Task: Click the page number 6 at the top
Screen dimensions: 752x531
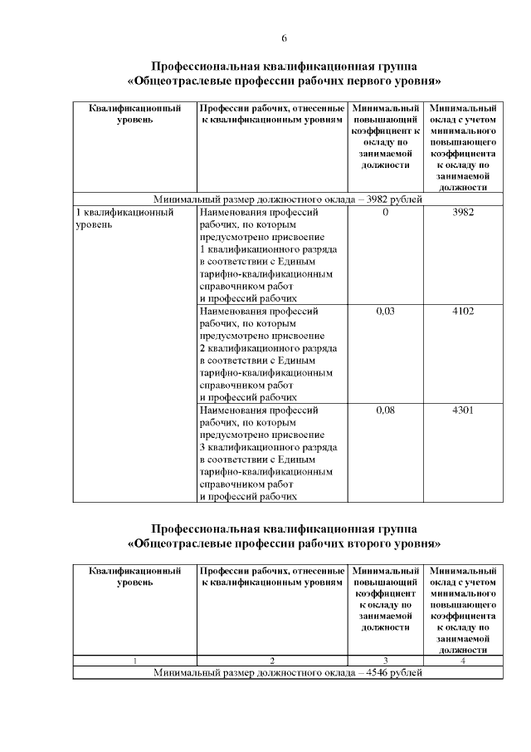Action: pyautogui.click(x=284, y=39)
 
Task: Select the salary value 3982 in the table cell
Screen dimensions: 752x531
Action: pyautogui.click(x=462, y=213)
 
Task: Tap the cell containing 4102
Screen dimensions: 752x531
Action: pyautogui.click(x=462, y=312)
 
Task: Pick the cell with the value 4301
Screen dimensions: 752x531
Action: pyautogui.click(x=462, y=410)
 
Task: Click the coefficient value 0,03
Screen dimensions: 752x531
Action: pyautogui.click(x=385, y=312)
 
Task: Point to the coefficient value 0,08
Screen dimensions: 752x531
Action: pyautogui.click(x=385, y=410)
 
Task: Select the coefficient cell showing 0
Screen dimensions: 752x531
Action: pyautogui.click(x=385, y=213)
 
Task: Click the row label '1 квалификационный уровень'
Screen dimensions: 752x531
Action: pyautogui.click(x=124, y=219)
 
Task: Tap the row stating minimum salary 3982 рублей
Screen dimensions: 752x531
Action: pyautogui.click(x=289, y=199)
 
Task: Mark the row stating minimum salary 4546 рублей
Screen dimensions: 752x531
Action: pyautogui.click(x=289, y=672)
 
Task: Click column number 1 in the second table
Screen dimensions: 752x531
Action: pyautogui.click(x=134, y=661)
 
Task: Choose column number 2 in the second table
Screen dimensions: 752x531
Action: pyautogui.click(x=271, y=661)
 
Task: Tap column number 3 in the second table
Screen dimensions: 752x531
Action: pyautogui.click(x=385, y=661)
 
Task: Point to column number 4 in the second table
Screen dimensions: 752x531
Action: pyautogui.click(x=462, y=661)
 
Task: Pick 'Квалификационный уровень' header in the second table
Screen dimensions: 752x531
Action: pyautogui.click(x=134, y=577)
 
